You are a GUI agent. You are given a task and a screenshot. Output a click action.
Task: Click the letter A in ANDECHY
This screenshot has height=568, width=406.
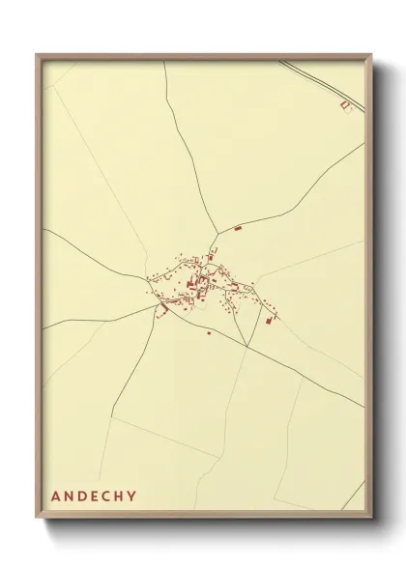[x=55, y=497]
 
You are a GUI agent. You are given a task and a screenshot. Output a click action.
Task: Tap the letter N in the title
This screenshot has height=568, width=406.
[x=69, y=497]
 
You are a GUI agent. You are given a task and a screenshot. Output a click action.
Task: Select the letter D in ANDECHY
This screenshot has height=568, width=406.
[x=82, y=497]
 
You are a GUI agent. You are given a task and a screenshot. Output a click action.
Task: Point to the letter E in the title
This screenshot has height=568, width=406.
[x=95, y=497]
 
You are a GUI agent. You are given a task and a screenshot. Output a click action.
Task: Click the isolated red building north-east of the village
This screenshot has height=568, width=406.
[x=238, y=229]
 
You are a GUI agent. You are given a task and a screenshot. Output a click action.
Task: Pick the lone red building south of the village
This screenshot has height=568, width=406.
[x=208, y=333]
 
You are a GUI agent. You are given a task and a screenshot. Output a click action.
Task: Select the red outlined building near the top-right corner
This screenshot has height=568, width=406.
[x=343, y=105]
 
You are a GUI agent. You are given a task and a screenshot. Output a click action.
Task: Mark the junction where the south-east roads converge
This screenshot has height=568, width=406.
[x=247, y=346]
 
